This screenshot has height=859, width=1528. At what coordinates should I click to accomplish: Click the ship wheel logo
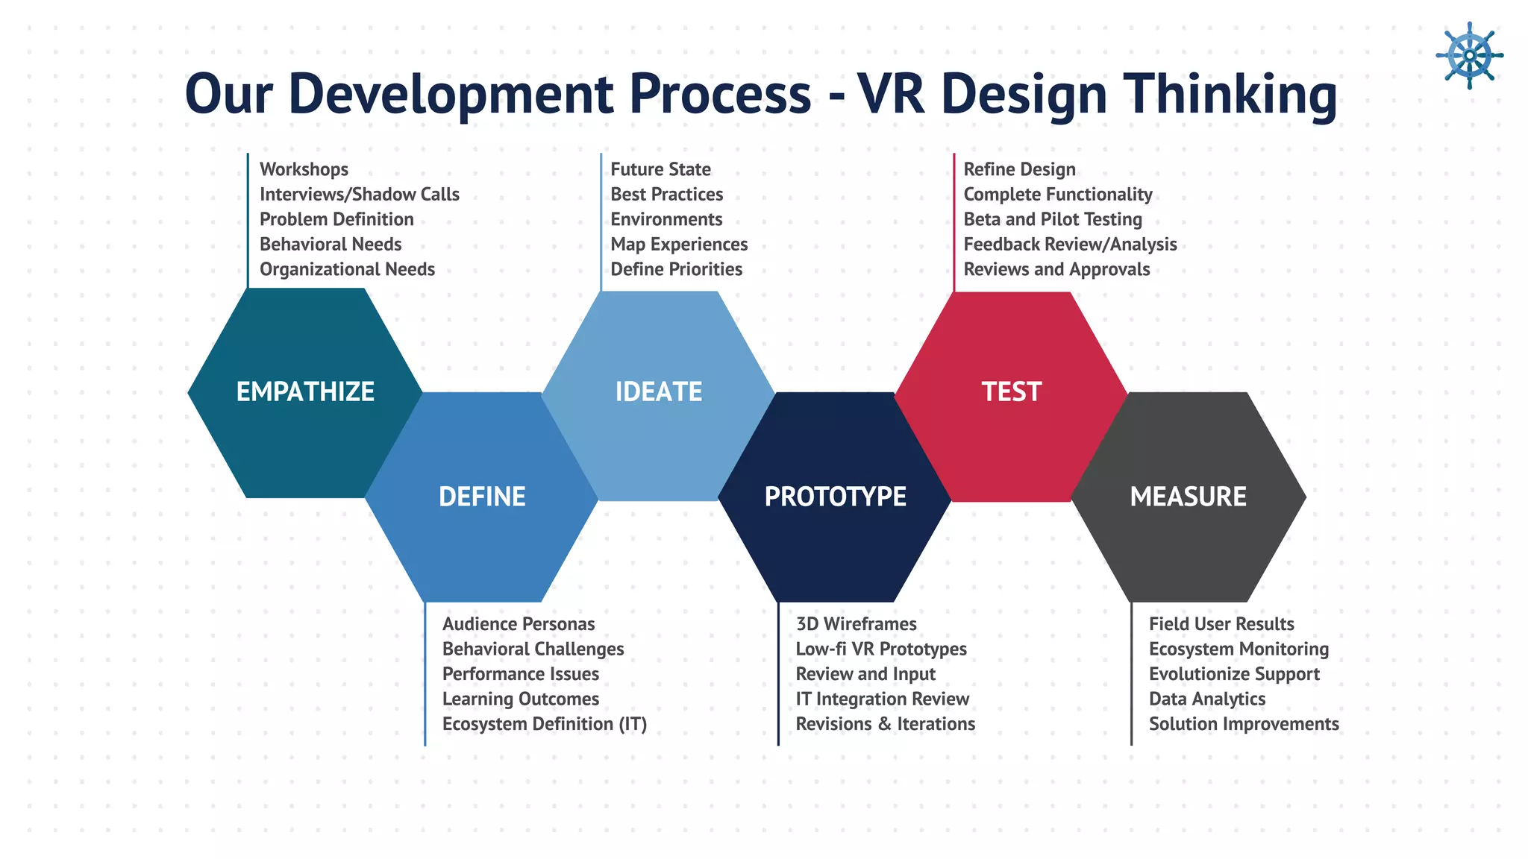click(1469, 55)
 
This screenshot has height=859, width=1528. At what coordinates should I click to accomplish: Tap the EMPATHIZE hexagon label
click(305, 391)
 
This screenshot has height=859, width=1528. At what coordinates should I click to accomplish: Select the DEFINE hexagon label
click(482, 497)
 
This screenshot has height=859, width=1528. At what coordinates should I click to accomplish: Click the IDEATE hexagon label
click(658, 391)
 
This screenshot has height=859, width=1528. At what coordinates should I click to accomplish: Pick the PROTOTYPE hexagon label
click(835, 497)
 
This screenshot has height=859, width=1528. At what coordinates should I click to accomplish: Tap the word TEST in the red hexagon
click(1011, 391)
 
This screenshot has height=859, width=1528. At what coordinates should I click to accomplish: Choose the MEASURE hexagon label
click(1188, 497)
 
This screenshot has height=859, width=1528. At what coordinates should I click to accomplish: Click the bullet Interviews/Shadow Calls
click(359, 195)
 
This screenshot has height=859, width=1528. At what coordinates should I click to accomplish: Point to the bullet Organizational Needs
click(347, 269)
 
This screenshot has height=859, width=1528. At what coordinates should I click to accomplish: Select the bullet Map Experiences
click(679, 245)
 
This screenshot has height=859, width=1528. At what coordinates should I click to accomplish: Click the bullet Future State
click(660, 169)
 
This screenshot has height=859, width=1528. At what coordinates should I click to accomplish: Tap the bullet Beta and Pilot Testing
click(1052, 219)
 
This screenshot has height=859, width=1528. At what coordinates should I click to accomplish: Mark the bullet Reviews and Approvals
click(1056, 269)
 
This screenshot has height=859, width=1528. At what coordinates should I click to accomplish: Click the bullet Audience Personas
click(519, 624)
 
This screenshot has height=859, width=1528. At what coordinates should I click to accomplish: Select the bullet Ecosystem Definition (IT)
click(544, 724)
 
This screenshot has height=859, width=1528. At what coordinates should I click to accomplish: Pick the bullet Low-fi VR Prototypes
click(880, 649)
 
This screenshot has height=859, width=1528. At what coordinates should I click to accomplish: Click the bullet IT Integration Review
click(882, 699)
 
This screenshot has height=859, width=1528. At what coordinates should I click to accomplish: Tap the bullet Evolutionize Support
click(1234, 674)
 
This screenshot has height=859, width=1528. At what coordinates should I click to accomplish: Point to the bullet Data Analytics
click(1206, 699)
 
